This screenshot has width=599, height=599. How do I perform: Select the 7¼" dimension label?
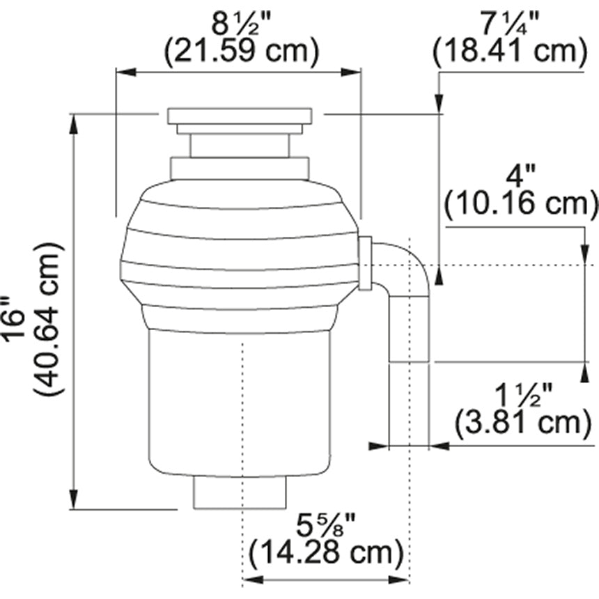coord(510,24)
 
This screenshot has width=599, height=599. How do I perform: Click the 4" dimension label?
coord(520,176)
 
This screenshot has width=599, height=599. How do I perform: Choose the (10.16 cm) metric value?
coord(521,204)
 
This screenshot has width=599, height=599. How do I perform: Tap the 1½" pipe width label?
coord(522,395)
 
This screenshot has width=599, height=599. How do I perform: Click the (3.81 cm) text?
coord(523,423)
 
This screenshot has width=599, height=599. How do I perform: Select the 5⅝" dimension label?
coord(326,525)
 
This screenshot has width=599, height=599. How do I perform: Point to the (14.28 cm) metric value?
coord(326,553)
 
